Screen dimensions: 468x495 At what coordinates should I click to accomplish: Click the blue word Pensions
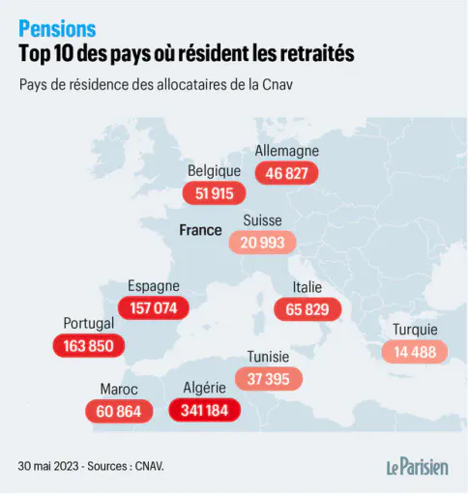57,29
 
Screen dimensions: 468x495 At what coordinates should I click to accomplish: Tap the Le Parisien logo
418,467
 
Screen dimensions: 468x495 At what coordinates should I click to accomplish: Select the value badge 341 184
205,410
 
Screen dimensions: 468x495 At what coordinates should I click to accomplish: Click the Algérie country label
204,388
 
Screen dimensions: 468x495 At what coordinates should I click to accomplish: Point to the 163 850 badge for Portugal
89,346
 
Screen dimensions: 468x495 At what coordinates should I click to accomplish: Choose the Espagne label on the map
154,286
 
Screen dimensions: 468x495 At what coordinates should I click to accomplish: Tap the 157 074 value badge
154,308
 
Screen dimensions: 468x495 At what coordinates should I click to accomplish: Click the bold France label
200,230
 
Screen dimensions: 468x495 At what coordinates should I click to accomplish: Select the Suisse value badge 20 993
262,243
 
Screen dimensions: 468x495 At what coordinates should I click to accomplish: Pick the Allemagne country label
287,151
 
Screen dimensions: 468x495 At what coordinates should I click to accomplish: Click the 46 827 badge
286,173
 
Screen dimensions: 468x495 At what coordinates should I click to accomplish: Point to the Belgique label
214,171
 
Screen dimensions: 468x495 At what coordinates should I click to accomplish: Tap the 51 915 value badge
214,193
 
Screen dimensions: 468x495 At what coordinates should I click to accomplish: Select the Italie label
307,287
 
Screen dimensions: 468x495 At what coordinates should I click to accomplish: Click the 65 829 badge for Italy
307,309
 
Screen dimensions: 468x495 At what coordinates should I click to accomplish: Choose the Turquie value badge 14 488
415,352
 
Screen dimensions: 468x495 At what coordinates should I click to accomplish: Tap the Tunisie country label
268,357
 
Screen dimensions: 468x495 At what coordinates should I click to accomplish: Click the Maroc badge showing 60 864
119,411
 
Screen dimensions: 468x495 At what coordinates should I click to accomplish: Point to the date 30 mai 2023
48,466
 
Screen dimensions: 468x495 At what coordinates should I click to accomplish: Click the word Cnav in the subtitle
278,85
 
